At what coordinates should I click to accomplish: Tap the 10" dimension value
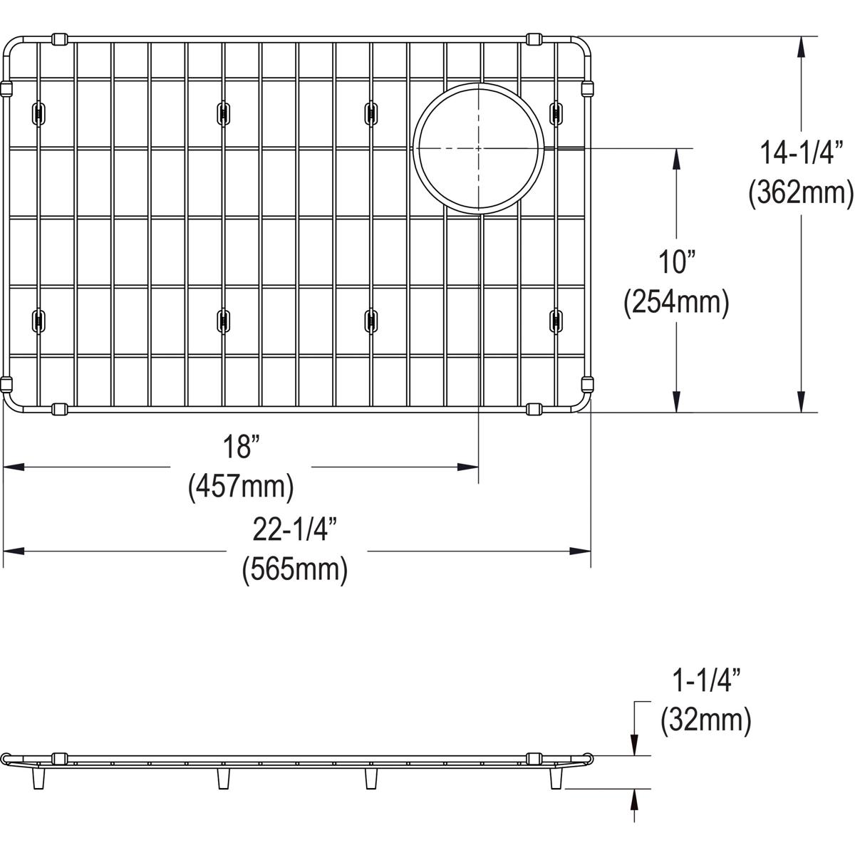click(x=675, y=264)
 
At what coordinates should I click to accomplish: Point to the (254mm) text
click(x=675, y=303)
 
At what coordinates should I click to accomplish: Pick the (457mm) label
click(x=240, y=487)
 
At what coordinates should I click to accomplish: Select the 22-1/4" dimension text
click(x=294, y=530)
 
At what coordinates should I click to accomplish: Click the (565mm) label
click(x=294, y=570)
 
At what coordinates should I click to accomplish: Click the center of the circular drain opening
click(x=478, y=148)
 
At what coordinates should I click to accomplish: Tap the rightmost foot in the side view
click(x=555, y=778)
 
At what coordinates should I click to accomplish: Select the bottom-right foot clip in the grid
click(x=555, y=319)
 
